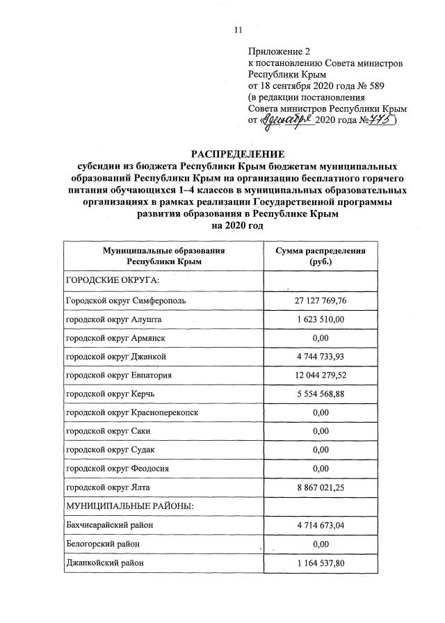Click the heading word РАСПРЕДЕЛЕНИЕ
tap(237, 154)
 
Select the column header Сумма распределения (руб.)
tap(321, 257)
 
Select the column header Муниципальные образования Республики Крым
tap(164, 257)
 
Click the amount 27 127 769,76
tap(321, 300)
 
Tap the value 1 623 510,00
tap(321, 318)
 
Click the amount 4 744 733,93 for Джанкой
tap(321, 357)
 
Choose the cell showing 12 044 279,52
tap(321, 375)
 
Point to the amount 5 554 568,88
tap(321, 394)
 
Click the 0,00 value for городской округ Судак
tap(321, 450)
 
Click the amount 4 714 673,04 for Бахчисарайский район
tap(321, 525)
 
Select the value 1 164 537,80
tap(321, 562)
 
